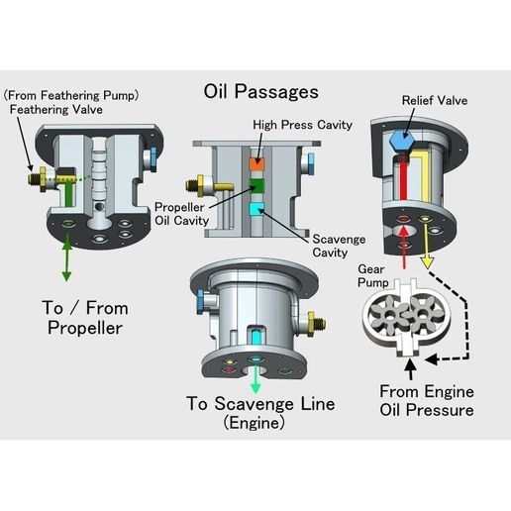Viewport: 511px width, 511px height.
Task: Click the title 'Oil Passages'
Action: (x=260, y=91)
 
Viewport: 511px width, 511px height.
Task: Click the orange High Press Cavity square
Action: (x=255, y=160)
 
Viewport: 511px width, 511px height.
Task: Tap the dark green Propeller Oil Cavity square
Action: (x=255, y=185)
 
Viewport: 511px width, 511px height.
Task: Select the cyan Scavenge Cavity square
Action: (x=255, y=209)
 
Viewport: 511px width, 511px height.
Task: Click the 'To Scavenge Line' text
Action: (x=260, y=403)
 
